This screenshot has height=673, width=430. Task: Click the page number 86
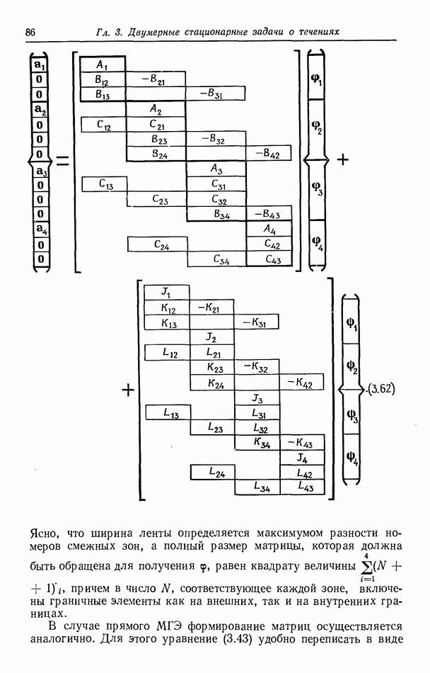[x=30, y=33]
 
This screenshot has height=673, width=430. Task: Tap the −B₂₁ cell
[x=156, y=78]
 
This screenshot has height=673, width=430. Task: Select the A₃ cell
[x=216, y=169]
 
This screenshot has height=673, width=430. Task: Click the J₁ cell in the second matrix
[x=166, y=292]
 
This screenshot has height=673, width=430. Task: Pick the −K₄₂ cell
[x=302, y=383]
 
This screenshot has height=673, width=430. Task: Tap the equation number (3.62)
[x=381, y=388]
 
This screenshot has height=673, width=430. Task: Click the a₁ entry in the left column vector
[x=40, y=64]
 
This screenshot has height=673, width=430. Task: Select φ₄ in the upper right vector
[x=317, y=243]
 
